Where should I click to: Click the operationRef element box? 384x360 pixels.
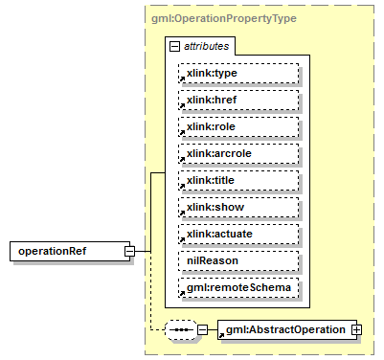[66, 251]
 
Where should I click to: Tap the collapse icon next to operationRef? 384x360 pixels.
[128, 251]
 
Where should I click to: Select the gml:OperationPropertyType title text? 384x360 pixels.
[211, 18]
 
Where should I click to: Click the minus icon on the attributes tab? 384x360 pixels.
[173, 46]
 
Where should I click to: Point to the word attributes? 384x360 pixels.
[204, 46]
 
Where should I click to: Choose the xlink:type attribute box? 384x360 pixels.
[238, 73]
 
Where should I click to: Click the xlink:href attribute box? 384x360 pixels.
[238, 100]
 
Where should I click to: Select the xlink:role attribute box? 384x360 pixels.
[238, 126]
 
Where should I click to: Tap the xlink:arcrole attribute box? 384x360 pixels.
[238, 153]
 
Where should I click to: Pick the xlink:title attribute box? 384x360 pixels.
[238, 180]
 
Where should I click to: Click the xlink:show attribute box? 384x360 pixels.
[238, 207]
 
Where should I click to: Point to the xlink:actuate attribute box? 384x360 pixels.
[238, 234]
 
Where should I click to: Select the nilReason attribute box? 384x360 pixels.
[238, 260]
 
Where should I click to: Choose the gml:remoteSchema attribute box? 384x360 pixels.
[238, 287]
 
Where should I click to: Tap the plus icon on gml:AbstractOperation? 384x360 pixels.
[356, 329]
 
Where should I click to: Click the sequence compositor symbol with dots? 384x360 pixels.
[180, 329]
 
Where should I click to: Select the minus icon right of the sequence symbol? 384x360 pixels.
[202, 329]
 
